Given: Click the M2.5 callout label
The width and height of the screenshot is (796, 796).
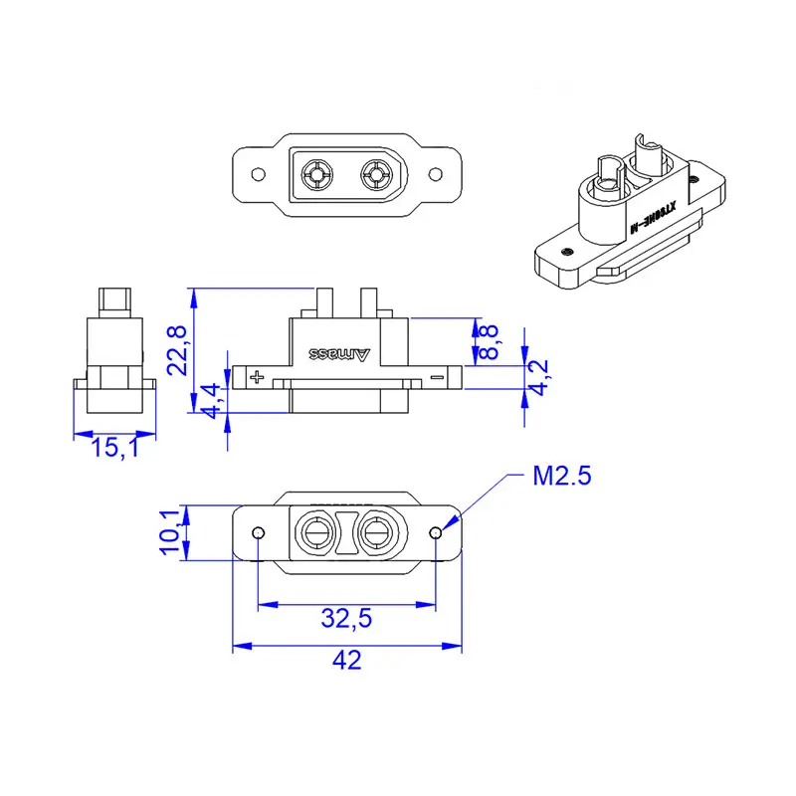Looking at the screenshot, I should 562,477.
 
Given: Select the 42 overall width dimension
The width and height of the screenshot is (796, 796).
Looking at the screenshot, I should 346,660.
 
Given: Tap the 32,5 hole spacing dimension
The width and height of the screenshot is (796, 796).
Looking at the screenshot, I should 346,618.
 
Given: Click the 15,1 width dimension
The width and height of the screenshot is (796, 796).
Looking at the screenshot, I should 114,450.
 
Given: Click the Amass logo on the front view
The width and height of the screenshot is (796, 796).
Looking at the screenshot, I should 340,353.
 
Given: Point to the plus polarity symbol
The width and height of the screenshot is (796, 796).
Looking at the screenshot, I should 258,376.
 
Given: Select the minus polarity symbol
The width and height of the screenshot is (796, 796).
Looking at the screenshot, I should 437,376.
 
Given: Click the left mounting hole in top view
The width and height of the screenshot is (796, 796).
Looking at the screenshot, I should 258,174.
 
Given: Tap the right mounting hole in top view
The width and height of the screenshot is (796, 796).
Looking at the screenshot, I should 435,174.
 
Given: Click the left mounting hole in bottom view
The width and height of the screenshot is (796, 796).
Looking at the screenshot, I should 258,534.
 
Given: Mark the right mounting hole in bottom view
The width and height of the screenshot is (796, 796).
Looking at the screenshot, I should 435,534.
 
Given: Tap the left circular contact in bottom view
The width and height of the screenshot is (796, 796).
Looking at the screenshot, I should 317,535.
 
